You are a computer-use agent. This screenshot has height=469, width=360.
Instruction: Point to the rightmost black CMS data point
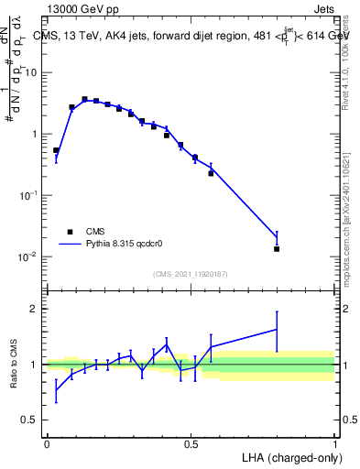(277, 248)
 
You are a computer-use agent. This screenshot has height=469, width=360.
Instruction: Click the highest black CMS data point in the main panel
(84, 99)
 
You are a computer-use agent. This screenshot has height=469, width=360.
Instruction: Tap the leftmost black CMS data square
(56, 150)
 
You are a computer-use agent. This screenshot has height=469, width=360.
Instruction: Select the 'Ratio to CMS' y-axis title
(14, 365)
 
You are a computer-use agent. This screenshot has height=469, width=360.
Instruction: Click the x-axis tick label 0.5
(191, 442)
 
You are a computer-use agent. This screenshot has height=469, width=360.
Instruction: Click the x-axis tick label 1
(334, 442)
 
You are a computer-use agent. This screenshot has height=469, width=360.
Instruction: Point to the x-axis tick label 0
(47, 442)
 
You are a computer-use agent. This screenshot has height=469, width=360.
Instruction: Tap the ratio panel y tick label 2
(35, 309)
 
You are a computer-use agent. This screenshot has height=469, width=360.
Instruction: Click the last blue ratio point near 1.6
(277, 330)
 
